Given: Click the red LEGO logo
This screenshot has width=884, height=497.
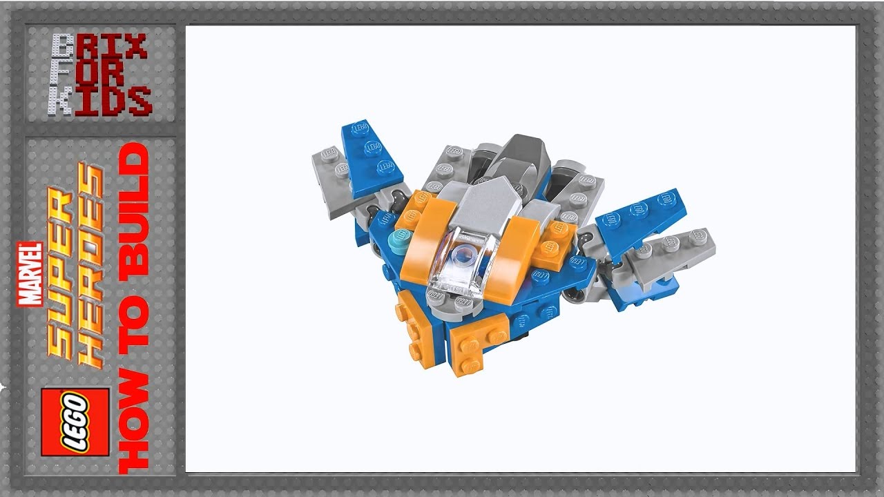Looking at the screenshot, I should pos(75,422).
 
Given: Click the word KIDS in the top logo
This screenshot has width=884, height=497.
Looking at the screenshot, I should pos(99,100).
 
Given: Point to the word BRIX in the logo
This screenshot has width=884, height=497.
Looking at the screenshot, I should pos(99,47).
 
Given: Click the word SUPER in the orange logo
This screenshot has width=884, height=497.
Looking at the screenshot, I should pos(62,276).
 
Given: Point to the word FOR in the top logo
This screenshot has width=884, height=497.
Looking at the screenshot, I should pos(99,73).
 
